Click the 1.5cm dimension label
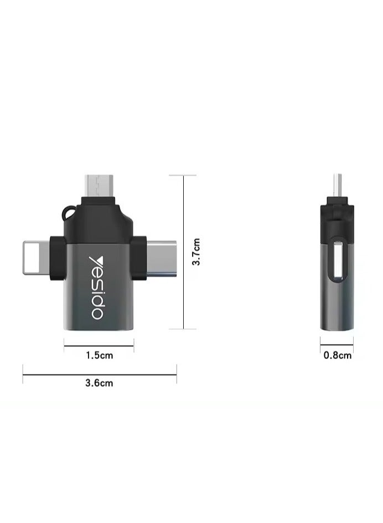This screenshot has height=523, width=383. pyautogui.click(x=99, y=356)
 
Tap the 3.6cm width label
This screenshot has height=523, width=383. pyautogui.click(x=99, y=383)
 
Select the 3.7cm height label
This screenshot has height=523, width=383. pyautogui.click(x=195, y=252)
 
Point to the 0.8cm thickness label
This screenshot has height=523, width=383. pyautogui.click(x=337, y=356)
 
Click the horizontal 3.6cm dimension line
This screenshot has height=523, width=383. pyautogui.click(x=99, y=374)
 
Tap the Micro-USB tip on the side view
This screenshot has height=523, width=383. pyautogui.click(x=336, y=186)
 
